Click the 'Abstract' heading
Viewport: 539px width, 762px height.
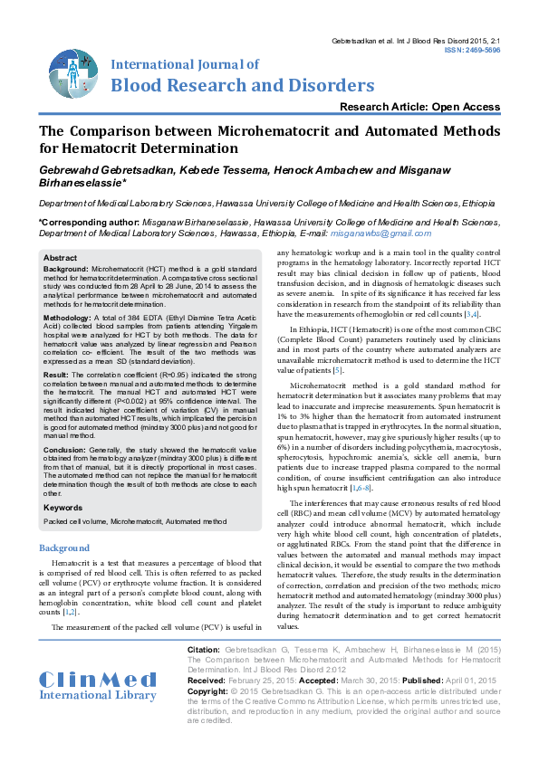pyautogui.click(x=61, y=259)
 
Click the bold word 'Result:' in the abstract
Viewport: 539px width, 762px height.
pyautogui.click(x=56, y=374)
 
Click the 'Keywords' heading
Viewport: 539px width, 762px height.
pyautogui.click(x=63, y=508)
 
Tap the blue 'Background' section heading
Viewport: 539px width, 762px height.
pyautogui.click(x=64, y=548)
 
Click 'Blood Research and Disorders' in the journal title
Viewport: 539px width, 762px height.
pyautogui.click(x=242, y=85)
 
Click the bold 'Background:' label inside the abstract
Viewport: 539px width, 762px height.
pyautogui.click(x=66, y=270)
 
